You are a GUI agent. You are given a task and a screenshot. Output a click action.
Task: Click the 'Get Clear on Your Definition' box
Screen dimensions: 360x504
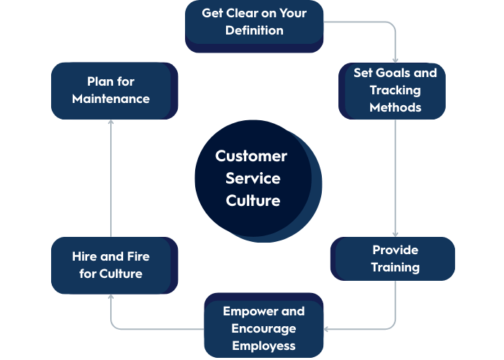[x=253, y=23]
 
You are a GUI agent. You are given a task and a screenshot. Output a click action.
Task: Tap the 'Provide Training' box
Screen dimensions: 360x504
[x=394, y=258]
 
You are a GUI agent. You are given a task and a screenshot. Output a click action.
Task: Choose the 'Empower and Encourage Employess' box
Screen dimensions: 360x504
[x=264, y=328]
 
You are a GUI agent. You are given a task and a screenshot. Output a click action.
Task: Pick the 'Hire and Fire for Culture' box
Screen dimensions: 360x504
[x=112, y=265]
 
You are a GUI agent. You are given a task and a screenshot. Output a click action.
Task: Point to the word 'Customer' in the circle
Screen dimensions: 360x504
[x=251, y=156]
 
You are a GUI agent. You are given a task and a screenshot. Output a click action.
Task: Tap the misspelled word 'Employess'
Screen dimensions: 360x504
[x=264, y=346]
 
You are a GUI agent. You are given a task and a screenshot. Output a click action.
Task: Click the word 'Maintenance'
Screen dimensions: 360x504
[x=111, y=99]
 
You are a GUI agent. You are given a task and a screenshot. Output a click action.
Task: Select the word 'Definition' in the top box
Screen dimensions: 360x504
[x=253, y=31]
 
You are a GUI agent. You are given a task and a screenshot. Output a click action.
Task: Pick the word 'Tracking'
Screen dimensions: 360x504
[x=395, y=90]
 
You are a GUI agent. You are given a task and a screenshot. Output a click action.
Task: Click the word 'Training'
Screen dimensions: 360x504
[x=395, y=267]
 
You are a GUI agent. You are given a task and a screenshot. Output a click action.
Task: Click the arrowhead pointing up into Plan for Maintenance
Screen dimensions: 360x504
[x=111, y=123]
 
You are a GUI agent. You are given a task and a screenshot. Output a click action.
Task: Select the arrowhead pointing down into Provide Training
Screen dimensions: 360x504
[x=395, y=233]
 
